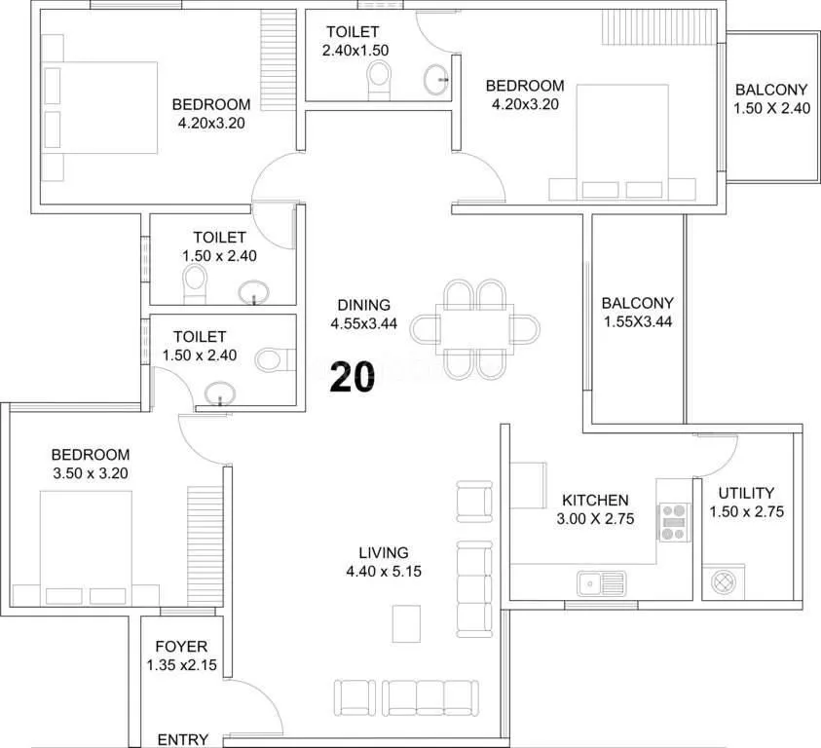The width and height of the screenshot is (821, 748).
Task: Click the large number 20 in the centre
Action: pos(352,376)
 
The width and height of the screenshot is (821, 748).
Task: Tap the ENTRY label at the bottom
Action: pos(182,739)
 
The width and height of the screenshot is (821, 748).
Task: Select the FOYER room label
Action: pos(181,647)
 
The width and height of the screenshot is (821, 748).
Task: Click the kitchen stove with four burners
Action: pos(673,521)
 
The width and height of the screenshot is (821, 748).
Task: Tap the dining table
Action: pos(474,328)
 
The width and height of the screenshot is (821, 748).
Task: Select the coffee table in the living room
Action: pos(406,623)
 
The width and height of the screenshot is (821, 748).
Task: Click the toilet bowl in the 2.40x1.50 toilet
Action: pos(378,79)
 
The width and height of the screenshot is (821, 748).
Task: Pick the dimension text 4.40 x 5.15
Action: pos(383,572)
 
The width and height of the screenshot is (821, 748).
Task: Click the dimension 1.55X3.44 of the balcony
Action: pos(637,321)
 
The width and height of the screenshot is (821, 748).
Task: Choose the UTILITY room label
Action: pos(746,493)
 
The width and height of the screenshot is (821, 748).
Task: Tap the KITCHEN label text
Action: pos(594,501)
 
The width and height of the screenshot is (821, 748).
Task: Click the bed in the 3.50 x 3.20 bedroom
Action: pos(86,545)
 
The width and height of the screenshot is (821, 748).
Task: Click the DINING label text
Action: pos(363,305)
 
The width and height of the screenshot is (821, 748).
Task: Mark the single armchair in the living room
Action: pos(474,500)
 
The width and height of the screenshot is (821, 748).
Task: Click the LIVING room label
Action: pos(383,552)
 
